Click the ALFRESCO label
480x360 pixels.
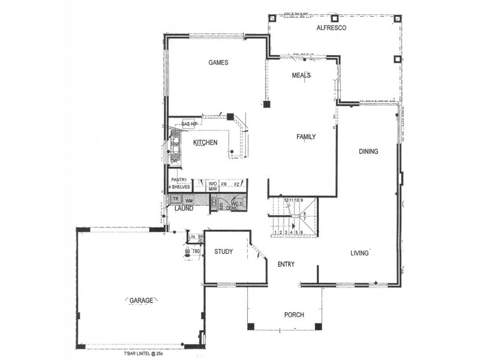(328, 28)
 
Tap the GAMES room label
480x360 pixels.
(218, 62)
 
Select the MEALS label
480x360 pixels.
(301, 75)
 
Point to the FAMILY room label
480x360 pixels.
(306, 137)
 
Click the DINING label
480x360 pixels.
(368, 151)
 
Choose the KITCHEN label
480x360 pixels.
(205, 142)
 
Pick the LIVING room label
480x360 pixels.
(360, 253)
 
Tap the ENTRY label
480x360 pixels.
(286, 264)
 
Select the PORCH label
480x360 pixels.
(294, 315)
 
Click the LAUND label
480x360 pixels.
(184, 209)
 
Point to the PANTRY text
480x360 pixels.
(179, 180)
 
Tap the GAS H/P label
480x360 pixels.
(190, 124)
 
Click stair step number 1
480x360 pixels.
(275, 232)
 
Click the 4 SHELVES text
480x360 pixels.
(179, 187)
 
